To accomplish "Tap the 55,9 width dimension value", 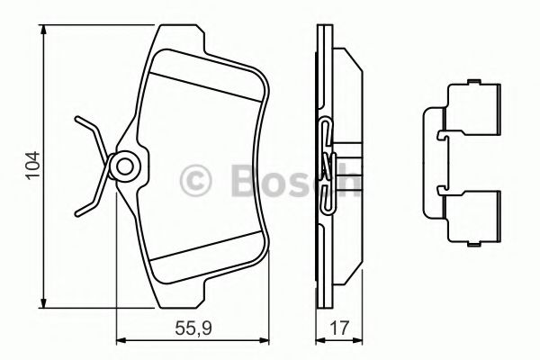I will click(192, 329).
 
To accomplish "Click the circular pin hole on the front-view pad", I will click(124, 166).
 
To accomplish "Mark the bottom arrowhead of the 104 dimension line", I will click(44, 301).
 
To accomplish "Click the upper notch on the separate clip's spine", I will click(439, 136).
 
